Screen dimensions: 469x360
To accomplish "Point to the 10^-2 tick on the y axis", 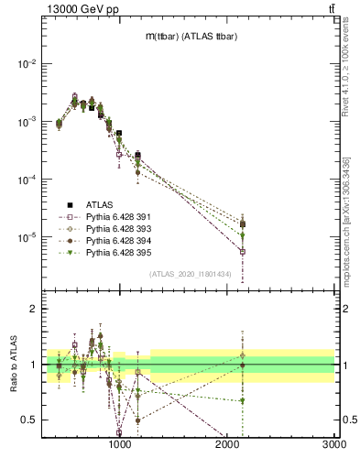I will click(27, 64).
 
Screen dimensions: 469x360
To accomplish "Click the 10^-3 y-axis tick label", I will click(27, 122).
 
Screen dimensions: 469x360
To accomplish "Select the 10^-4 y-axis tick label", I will click(27, 180).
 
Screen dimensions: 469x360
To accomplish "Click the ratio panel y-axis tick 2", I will click(34, 310).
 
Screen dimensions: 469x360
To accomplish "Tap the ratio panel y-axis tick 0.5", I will click(30, 420).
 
